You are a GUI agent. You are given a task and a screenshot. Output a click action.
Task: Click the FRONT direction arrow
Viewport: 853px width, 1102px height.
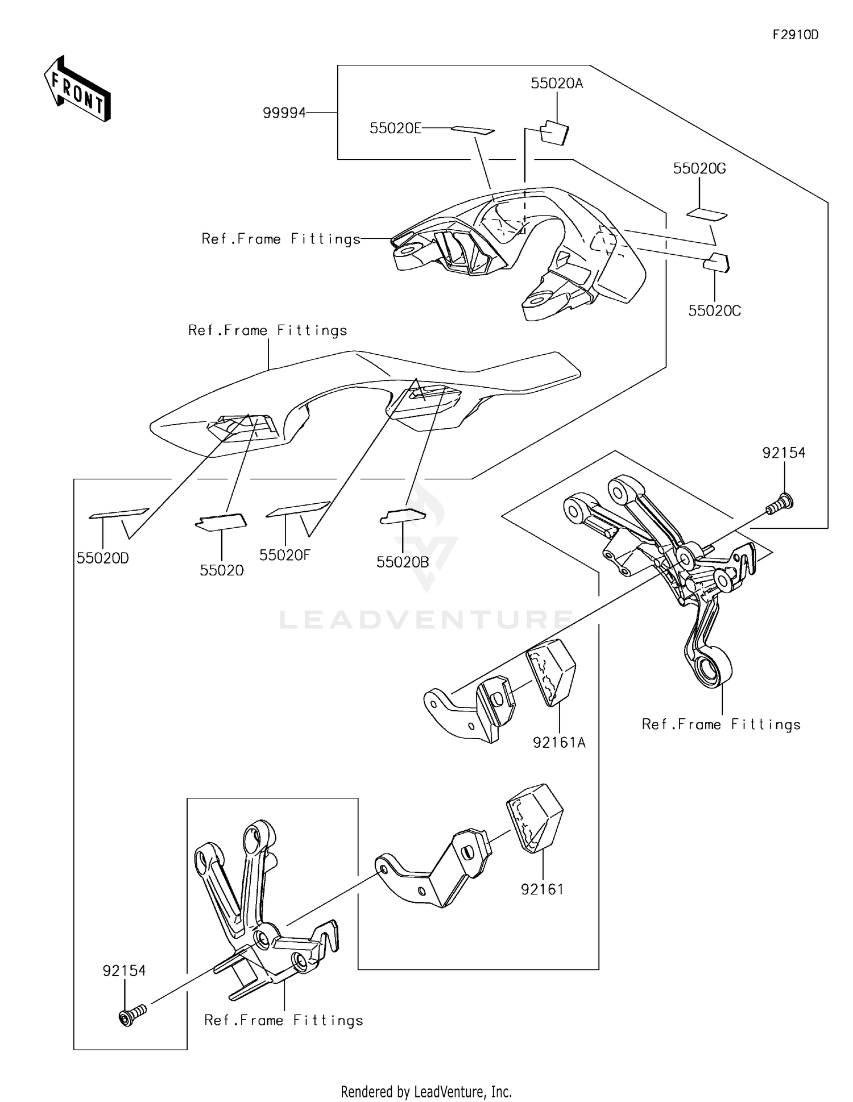[x=77, y=89]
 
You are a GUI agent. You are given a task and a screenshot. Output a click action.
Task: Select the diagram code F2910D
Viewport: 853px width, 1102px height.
[x=795, y=35]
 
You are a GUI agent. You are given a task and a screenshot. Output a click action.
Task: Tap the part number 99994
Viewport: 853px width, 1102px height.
[x=284, y=113]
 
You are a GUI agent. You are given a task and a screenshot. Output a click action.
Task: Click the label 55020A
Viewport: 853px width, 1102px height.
[x=557, y=84]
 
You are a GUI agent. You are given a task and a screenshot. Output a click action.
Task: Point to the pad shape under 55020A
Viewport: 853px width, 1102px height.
[x=554, y=133]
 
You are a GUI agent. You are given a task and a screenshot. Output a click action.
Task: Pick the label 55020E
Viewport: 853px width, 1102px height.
[x=395, y=129]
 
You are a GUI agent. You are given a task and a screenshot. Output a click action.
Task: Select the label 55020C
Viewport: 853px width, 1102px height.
[x=714, y=311]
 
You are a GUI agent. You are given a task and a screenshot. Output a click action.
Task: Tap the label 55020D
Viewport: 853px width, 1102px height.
[x=103, y=558]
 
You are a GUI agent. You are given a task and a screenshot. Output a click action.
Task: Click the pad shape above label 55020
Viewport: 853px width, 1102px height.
[x=221, y=521]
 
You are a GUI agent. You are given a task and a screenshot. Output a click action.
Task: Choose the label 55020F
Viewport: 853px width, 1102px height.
[x=284, y=555]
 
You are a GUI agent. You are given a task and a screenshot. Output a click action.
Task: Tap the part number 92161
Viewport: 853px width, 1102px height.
[x=542, y=889]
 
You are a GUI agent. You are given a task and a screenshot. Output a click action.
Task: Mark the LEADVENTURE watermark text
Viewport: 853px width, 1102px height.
[x=426, y=619]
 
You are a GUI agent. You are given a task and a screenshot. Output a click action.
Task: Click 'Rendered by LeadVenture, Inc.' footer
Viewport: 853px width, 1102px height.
[x=426, y=1091]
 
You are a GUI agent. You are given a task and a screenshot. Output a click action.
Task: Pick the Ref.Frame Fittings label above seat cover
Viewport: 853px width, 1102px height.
[x=267, y=330]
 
